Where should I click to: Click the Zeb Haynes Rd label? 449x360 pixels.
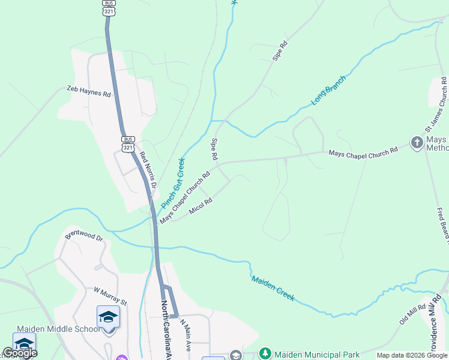(x=89, y=94)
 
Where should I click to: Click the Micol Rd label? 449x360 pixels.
(x=200, y=206)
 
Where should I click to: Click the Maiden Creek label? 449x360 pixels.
(x=273, y=288)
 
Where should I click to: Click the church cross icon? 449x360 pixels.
(x=417, y=143)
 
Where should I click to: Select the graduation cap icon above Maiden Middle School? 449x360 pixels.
(x=109, y=316)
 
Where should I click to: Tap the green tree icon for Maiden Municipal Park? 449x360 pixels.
(x=265, y=354)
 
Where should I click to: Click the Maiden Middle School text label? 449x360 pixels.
(x=59, y=329)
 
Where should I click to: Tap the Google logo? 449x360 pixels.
(x=20, y=353)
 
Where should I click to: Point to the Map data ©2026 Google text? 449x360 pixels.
(x=412, y=355)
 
